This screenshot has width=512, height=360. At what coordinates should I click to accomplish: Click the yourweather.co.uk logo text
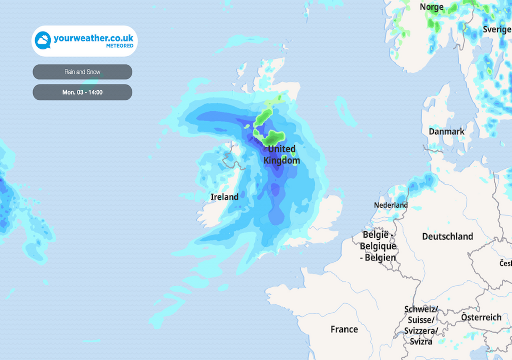point(93,38)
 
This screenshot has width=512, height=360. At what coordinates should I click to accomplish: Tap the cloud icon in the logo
point(43,40)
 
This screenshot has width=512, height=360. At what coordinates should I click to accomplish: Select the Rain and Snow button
point(82,72)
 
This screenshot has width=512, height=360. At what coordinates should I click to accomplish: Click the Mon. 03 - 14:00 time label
point(82,92)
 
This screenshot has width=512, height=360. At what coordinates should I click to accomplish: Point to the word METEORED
point(120,46)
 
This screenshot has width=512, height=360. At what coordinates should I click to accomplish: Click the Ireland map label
point(224,197)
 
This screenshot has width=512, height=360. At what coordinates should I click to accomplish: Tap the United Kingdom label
point(282,155)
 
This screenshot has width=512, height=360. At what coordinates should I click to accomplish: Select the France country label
point(344,329)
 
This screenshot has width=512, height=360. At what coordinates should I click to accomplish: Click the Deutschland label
point(447,236)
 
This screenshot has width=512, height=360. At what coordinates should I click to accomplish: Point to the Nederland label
point(391,205)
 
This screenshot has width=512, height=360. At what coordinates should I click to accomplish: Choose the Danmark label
point(446,132)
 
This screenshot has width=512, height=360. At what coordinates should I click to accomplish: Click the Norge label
point(432,7)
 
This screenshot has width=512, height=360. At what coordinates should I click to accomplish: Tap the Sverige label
point(497,29)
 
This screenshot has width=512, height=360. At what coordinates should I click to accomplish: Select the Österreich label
point(481,317)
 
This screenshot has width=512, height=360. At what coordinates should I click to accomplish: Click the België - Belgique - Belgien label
point(378,246)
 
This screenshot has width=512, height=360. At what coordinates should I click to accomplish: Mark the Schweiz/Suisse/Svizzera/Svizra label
point(421,325)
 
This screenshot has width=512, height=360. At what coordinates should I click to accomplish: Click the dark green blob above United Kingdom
point(273,138)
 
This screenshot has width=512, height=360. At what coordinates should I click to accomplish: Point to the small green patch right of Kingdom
point(295,161)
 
